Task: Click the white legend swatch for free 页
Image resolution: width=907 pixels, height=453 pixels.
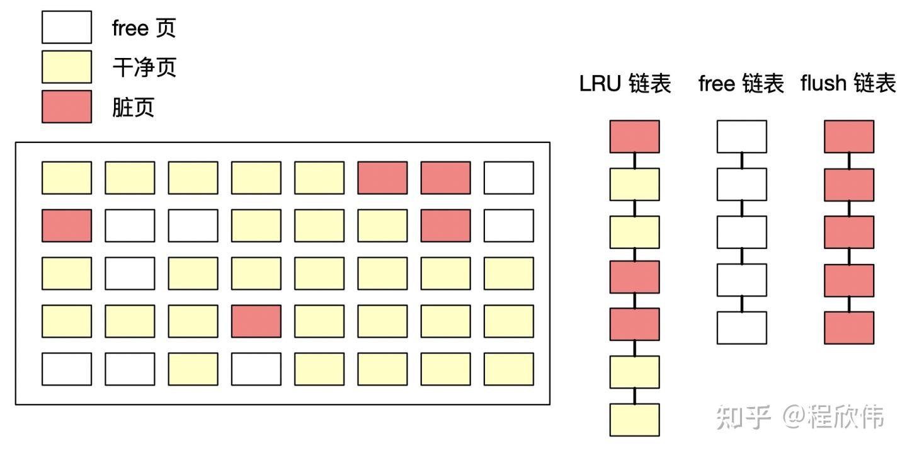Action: (x=67, y=27)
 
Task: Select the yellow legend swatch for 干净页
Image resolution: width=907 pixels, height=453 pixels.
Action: (x=67, y=67)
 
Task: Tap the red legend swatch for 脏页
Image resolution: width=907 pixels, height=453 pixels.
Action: (x=67, y=106)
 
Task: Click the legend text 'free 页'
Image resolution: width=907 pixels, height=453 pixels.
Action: (x=144, y=28)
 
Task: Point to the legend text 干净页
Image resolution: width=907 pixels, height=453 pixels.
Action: (x=144, y=67)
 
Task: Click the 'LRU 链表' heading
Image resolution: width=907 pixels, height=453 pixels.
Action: (x=625, y=84)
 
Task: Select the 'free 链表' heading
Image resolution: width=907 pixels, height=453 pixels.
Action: (x=741, y=84)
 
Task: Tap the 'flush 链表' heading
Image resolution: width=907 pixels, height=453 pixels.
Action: (x=848, y=84)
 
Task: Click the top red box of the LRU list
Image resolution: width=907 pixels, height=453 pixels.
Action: (x=634, y=137)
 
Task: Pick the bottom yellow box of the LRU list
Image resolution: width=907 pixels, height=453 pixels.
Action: (x=634, y=420)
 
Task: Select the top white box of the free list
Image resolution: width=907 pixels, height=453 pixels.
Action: (x=742, y=137)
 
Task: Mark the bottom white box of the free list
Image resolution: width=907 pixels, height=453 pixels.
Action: (x=742, y=328)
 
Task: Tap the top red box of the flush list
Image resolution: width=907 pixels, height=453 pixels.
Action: (x=849, y=137)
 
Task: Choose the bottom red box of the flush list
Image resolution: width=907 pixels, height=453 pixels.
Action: (x=849, y=328)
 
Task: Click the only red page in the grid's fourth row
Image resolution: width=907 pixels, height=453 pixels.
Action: (x=256, y=321)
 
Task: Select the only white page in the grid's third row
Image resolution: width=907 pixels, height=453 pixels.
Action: (x=130, y=273)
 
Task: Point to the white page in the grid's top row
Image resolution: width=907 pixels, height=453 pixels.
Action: (x=509, y=178)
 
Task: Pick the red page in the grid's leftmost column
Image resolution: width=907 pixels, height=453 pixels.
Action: (x=67, y=226)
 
